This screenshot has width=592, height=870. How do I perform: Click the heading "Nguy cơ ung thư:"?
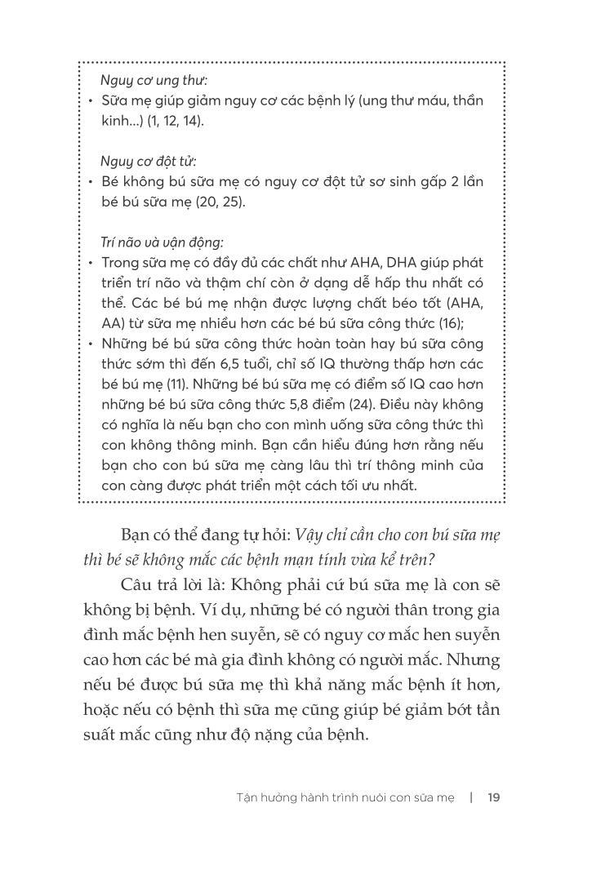[x=154, y=80]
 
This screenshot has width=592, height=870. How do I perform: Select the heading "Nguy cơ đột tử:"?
[x=149, y=161]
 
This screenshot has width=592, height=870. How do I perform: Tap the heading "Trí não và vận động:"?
[x=162, y=242]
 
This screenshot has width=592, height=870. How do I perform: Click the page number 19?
[x=493, y=797]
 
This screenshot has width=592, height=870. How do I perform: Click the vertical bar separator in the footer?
[x=471, y=797]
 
